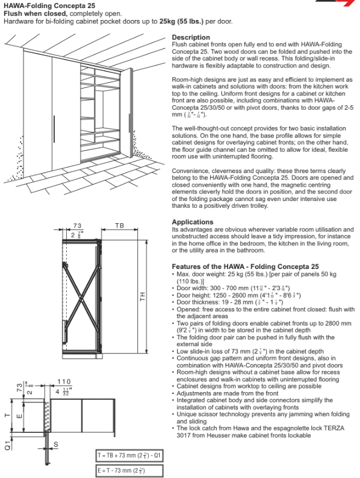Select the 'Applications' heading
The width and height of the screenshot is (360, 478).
pos(193,222)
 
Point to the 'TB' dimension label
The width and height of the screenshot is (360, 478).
pos(119,226)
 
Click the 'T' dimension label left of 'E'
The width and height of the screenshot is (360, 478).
pos(7,415)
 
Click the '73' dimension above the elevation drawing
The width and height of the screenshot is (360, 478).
pos(78,226)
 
